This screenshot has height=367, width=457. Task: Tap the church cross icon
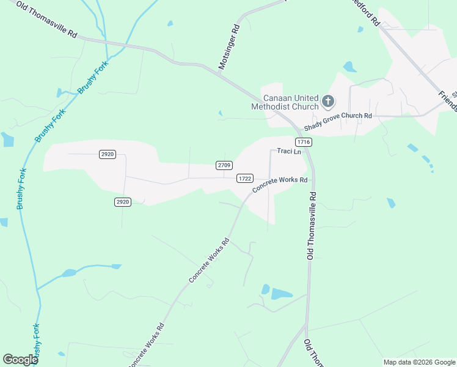coord(328,101)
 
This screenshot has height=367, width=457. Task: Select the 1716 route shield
coord(305,142)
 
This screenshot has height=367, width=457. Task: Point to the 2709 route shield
coord(224,165)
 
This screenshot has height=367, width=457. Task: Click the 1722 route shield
coord(245,178)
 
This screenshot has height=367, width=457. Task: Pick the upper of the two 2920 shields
coord(107,154)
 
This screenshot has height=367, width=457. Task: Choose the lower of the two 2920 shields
coord(123,201)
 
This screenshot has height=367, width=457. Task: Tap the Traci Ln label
coord(289,151)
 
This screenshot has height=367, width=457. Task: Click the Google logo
coord(20,359)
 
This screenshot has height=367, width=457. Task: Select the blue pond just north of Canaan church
coord(350,66)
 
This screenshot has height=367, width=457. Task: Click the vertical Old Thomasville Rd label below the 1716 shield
coord(312,224)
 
